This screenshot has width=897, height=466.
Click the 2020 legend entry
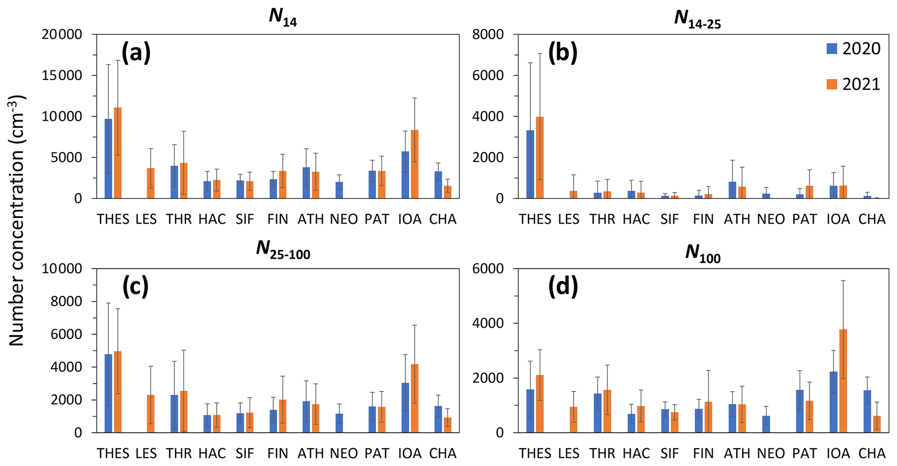[x=853, y=49]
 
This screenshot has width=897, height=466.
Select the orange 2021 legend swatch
[x=831, y=84]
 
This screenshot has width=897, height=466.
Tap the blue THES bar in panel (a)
[x=108, y=159]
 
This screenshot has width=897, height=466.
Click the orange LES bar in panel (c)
[x=151, y=414]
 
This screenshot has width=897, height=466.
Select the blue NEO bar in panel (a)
[x=339, y=190]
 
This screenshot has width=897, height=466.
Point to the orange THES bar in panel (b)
[x=540, y=157]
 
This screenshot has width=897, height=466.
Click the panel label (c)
[x=135, y=287]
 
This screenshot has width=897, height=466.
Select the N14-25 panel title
[x=697, y=18]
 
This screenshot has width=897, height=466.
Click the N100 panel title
[x=703, y=253]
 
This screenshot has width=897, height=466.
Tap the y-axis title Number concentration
[x=16, y=221]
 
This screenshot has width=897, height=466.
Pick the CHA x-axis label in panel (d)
[x=871, y=453]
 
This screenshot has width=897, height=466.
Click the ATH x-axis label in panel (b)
[x=737, y=219]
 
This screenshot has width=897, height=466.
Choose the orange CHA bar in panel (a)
[x=447, y=192]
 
